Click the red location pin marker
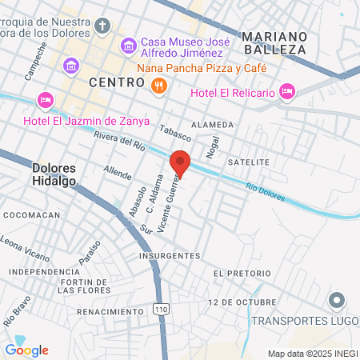coord(180,162)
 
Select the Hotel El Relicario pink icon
coord(288,93)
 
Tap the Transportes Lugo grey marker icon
coord(337,301)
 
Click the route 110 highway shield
coord(160,309)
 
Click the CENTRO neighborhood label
coord(115,82)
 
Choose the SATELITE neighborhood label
coord(249,162)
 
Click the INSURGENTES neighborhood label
coord(169,256)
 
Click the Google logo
coord(26,350)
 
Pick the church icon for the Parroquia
coord(102,26)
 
